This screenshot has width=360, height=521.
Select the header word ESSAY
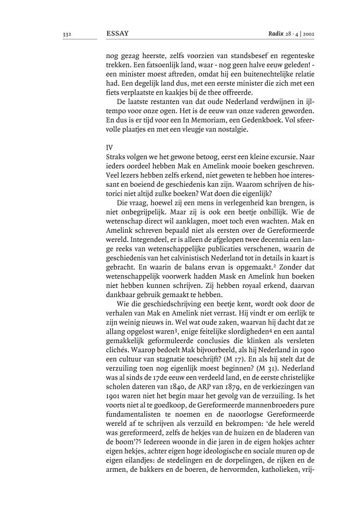pos(117,34)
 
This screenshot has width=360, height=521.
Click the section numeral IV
pos(109,146)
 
